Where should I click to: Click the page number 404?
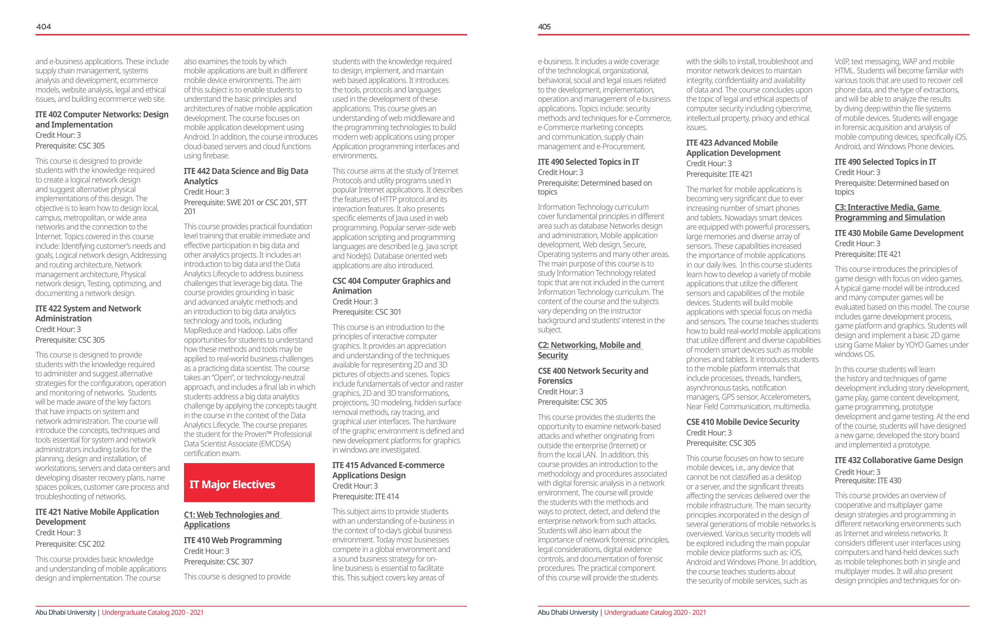point(43,27)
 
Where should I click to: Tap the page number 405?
point(544,27)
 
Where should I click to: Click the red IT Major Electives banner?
point(249,483)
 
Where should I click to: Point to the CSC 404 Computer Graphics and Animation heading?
point(391,286)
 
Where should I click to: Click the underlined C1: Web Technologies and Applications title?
point(232,519)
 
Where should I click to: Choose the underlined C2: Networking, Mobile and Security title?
point(589,350)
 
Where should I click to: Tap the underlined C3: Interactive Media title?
point(889,212)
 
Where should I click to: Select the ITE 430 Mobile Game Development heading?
point(899,233)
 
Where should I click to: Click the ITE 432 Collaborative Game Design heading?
point(898,460)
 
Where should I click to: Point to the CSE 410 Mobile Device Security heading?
point(742,422)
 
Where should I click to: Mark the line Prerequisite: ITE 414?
point(365,496)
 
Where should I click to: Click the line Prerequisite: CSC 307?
point(218,562)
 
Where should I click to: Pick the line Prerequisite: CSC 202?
point(70,544)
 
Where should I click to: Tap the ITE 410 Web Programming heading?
point(233,540)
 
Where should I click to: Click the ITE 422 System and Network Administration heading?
point(88,313)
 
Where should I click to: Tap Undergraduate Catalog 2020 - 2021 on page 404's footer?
point(152,612)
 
